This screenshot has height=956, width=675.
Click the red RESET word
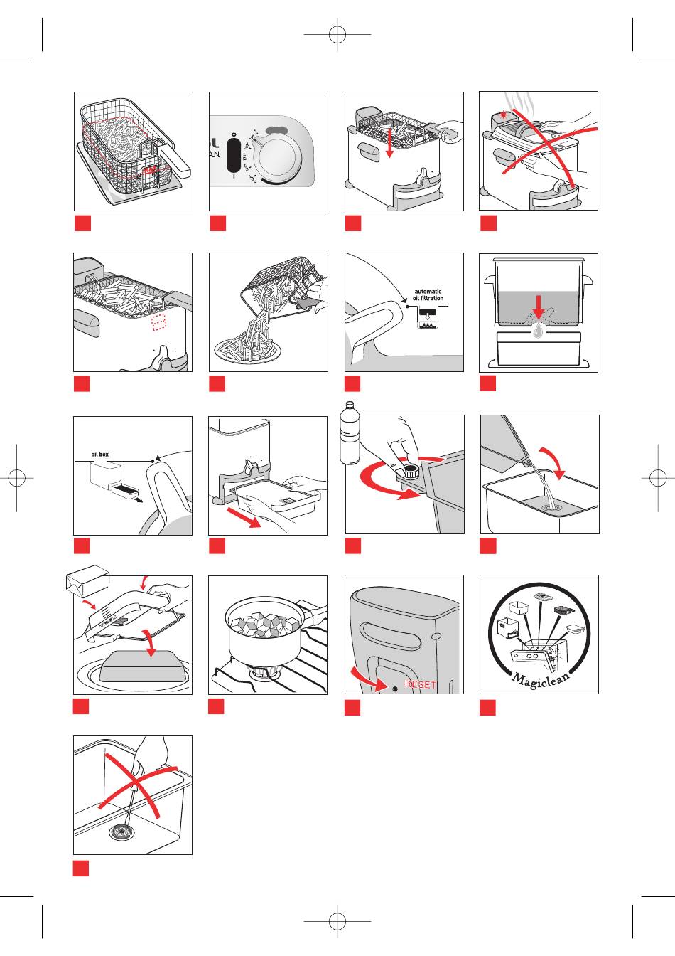click(x=421, y=684)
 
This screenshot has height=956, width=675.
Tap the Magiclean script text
click(x=540, y=677)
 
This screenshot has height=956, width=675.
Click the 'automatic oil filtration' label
click(x=427, y=294)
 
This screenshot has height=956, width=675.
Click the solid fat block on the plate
click(x=139, y=666)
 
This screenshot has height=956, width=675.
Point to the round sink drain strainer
click(x=121, y=833)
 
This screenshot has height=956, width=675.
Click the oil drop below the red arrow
click(x=539, y=331)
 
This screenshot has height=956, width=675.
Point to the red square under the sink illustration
click(x=81, y=869)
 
